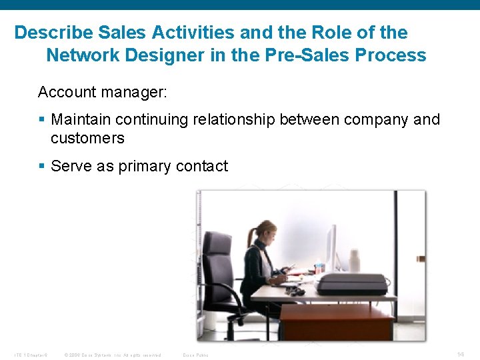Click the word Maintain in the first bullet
(81, 120)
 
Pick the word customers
(87, 139)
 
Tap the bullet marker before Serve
(42, 166)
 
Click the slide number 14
(460, 354)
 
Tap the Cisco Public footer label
(195, 355)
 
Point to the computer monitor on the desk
(331, 248)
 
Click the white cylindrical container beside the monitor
(354, 261)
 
